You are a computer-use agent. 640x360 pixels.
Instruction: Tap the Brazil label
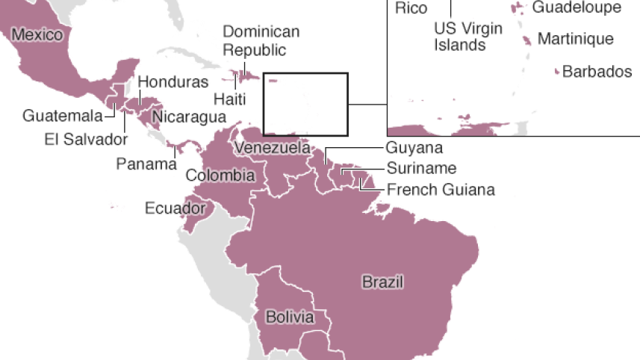382,282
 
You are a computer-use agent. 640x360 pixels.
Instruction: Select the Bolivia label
290,317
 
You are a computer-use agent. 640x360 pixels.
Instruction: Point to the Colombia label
220,176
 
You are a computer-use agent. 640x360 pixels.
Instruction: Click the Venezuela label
272,148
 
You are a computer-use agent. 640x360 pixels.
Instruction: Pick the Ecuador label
175,208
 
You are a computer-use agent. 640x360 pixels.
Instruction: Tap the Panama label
146,164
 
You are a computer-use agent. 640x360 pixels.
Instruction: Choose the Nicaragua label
189,117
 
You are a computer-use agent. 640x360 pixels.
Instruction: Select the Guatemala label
62,116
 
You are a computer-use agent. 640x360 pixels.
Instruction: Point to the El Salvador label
86,138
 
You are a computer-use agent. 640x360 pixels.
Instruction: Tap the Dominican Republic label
261,41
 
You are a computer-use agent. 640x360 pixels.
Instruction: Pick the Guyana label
414,148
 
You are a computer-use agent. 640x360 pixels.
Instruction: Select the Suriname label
421,168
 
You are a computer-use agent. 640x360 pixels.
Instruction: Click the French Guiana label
441,189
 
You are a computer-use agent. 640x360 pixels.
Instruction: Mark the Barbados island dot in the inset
557,72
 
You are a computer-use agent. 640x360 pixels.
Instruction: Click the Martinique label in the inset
575,39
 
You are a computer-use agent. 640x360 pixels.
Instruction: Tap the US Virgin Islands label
468,37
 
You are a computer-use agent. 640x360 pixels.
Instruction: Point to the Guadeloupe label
576,7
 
